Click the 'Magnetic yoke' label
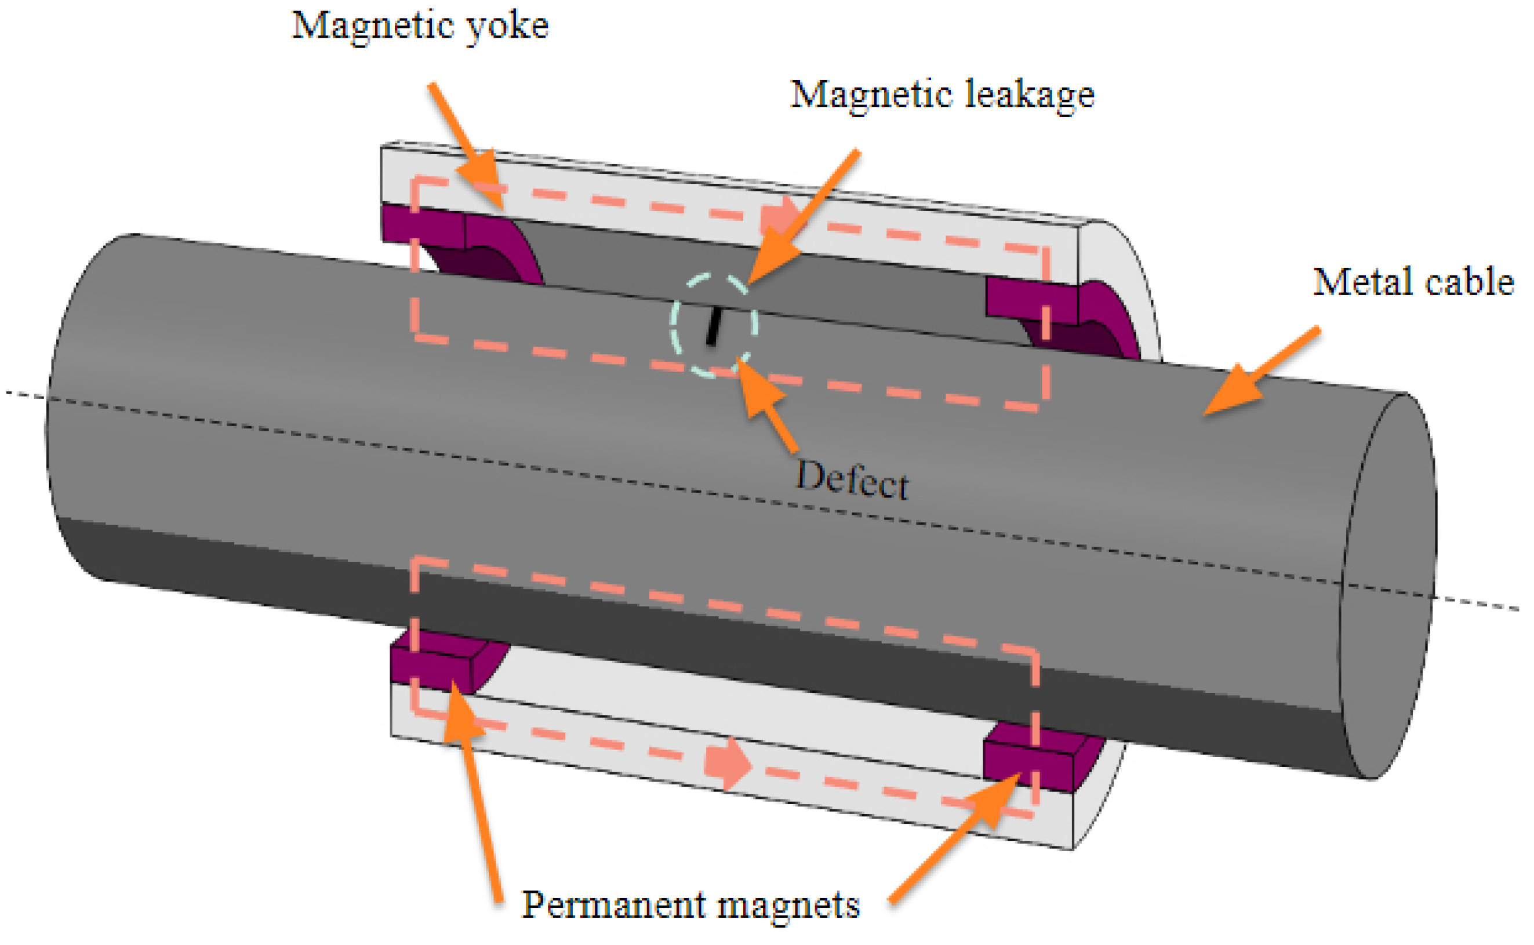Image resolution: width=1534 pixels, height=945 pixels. pyautogui.click(x=420, y=27)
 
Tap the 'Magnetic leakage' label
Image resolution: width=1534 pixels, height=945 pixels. pyautogui.click(x=942, y=95)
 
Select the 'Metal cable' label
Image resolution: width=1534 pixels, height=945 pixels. pyautogui.click(x=1413, y=282)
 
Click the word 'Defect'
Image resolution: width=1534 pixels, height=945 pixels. pyautogui.click(x=852, y=480)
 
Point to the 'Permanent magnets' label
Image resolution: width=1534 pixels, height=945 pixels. pyautogui.click(x=690, y=905)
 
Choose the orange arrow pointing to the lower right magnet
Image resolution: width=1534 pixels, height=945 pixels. pyautogui.click(x=956, y=838)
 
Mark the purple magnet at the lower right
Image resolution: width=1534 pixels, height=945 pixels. pyautogui.click(x=1031, y=759)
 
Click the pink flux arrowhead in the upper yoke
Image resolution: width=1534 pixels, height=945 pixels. pyautogui.click(x=778, y=216)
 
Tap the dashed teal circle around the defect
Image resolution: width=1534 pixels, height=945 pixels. pyautogui.click(x=675, y=325)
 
